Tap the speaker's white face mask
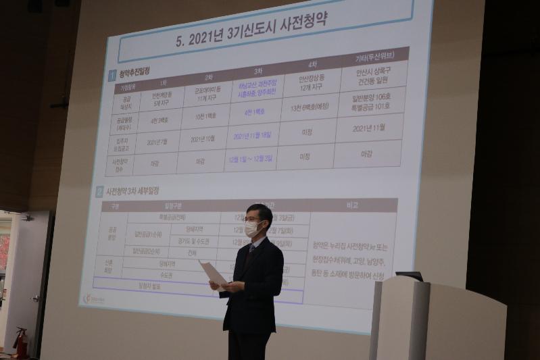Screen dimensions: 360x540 click(x=253, y=229)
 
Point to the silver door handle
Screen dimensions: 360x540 click(x=35, y=298)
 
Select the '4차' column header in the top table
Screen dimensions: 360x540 click(x=312, y=65)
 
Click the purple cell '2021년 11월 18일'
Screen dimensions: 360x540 click(x=256, y=135)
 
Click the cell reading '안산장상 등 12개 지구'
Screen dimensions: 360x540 click(x=310, y=84)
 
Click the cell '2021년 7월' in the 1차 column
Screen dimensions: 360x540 click(x=156, y=143)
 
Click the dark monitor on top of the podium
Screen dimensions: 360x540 click(x=410, y=276)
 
